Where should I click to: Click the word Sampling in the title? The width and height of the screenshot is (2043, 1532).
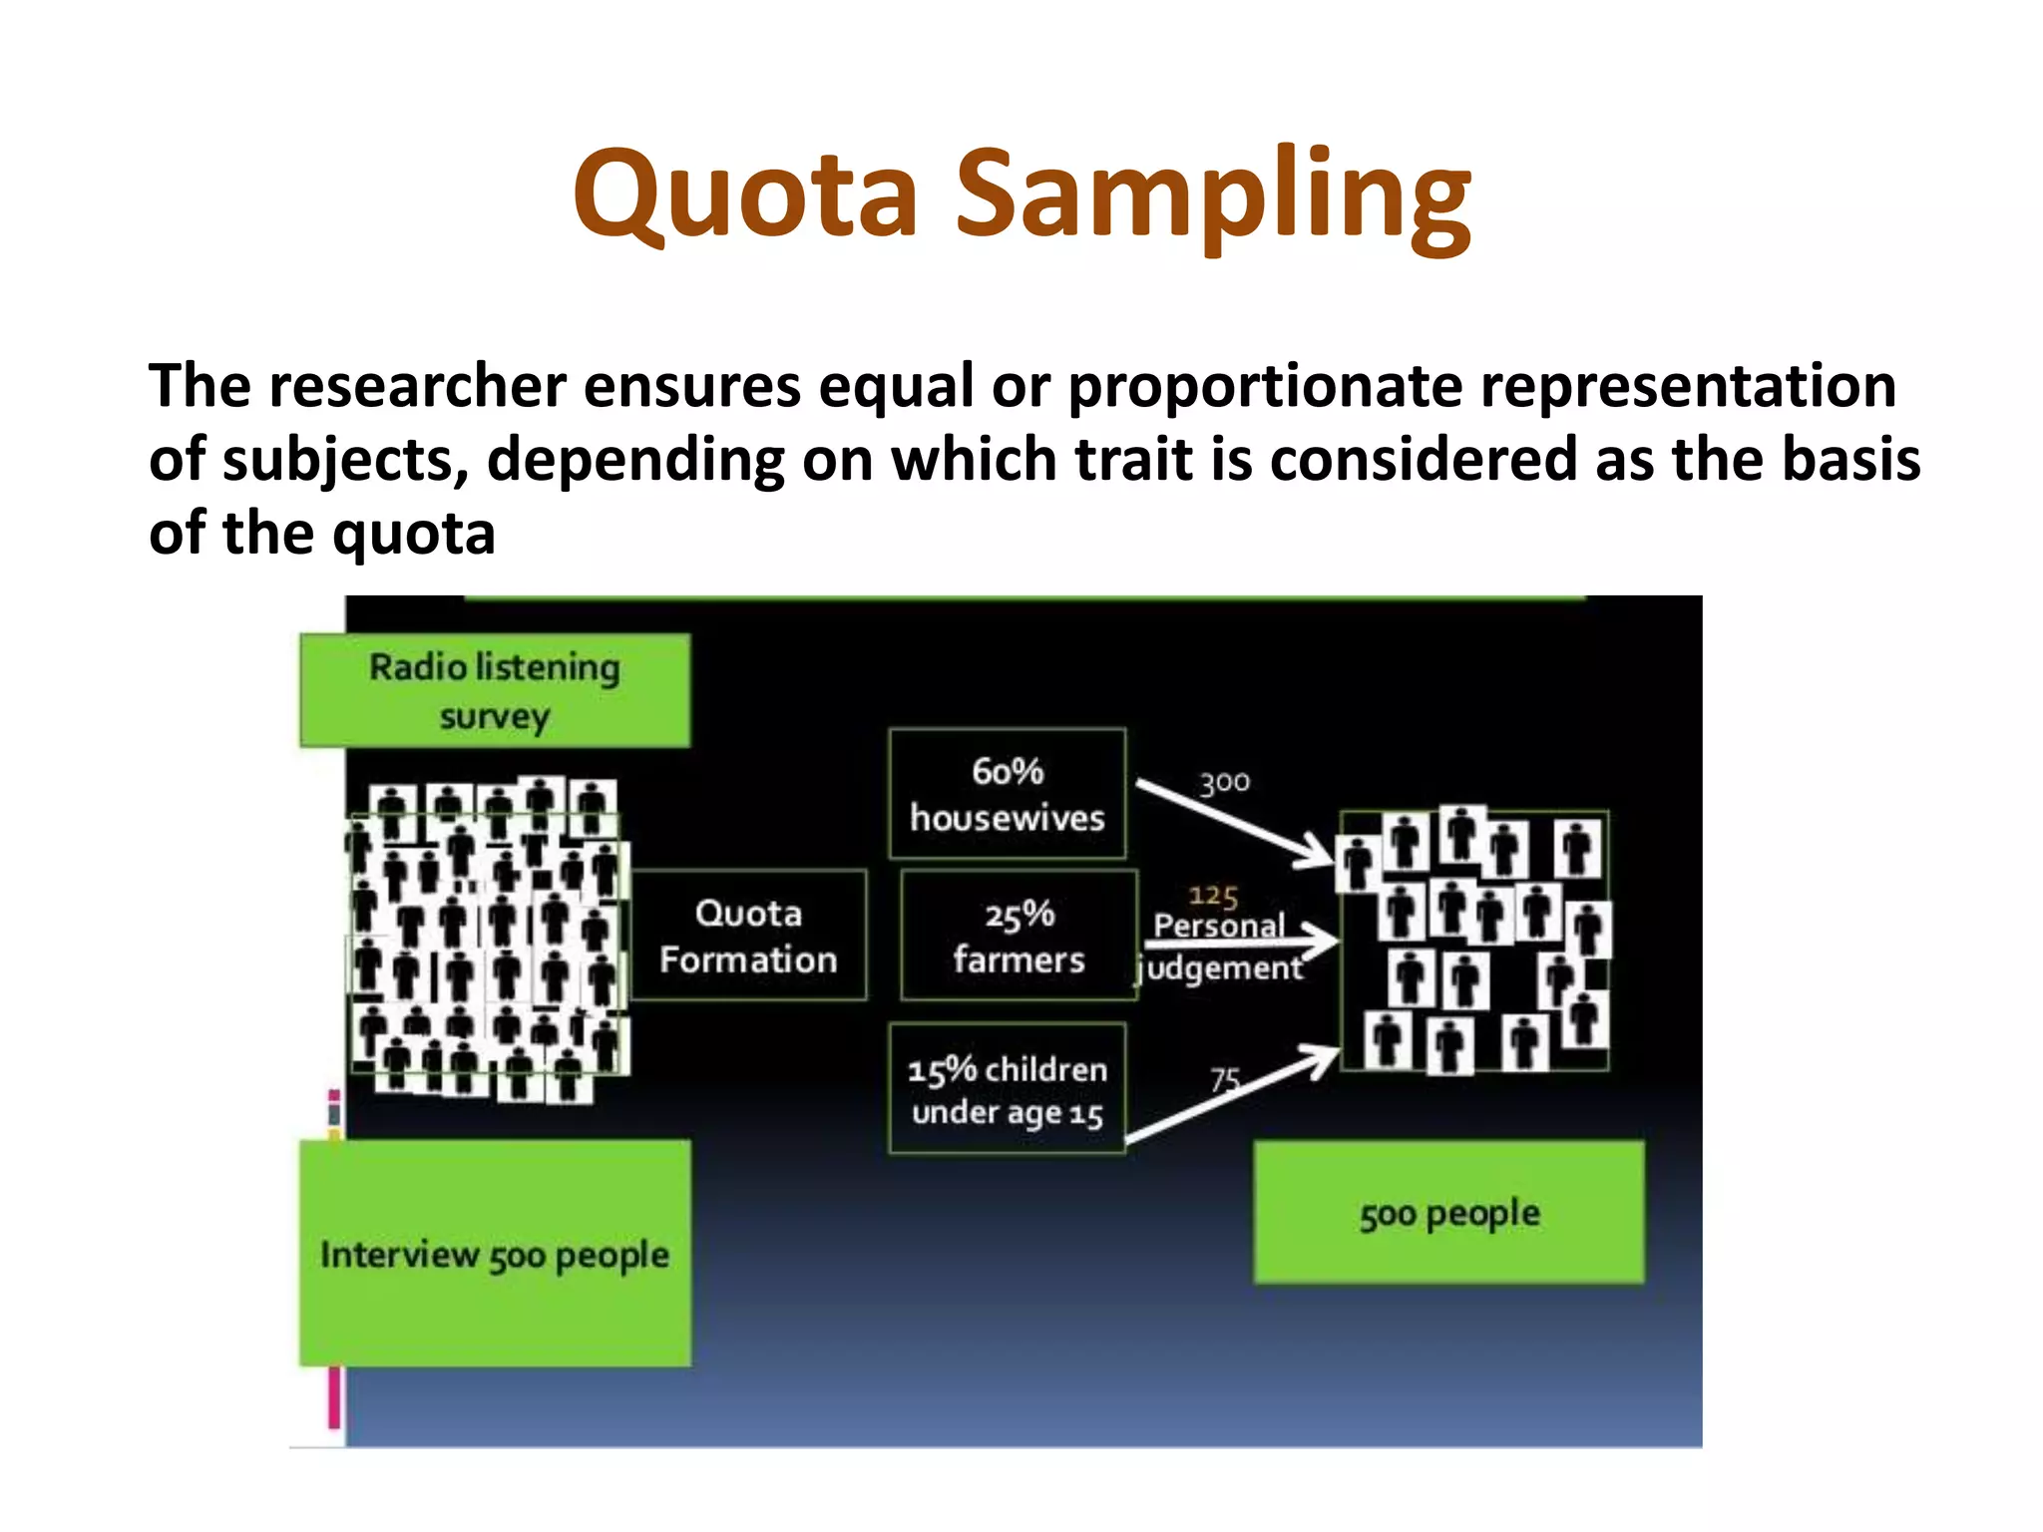click(x=1212, y=194)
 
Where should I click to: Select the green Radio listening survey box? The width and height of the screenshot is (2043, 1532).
click(x=495, y=690)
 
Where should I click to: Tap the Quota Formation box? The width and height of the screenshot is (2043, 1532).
click(x=748, y=936)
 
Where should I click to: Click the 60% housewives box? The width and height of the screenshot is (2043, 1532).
click(x=1008, y=794)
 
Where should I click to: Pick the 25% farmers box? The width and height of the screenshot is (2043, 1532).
click(x=1019, y=936)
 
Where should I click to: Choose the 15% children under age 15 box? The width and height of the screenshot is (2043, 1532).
click(x=1008, y=1089)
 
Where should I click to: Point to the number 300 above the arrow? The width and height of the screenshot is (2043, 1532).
click(x=1224, y=783)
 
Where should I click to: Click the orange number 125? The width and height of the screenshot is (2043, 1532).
click(x=1213, y=896)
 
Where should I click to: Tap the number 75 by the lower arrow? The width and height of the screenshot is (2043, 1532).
click(x=1225, y=1079)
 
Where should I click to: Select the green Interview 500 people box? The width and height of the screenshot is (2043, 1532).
click(x=495, y=1254)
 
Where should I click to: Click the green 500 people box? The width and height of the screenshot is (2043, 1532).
click(x=1449, y=1213)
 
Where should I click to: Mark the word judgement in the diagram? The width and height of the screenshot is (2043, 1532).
click(x=1223, y=968)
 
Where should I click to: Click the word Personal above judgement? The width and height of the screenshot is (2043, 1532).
click(x=1219, y=926)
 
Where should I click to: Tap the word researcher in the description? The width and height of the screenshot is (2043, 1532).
click(x=416, y=386)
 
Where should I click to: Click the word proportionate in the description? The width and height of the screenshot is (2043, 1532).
click(x=1264, y=386)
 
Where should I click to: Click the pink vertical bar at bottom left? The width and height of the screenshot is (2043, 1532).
click(x=334, y=1396)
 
